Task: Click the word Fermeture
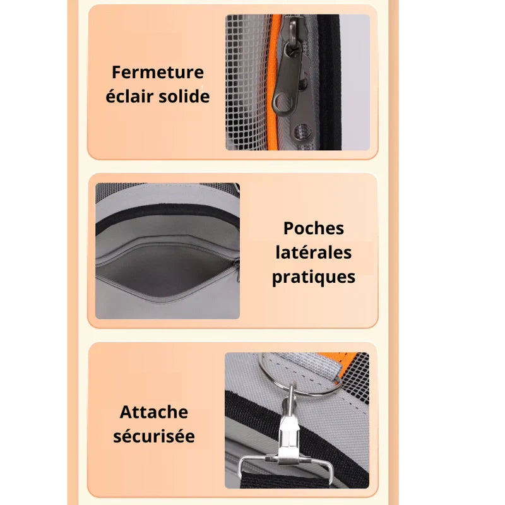[158, 72]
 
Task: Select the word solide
[185, 97]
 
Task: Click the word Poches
[314, 229]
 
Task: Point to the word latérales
[313, 252]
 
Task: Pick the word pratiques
[313, 277]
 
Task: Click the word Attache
[154, 412]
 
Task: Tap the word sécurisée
[154, 436]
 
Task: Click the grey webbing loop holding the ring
[316, 369]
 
